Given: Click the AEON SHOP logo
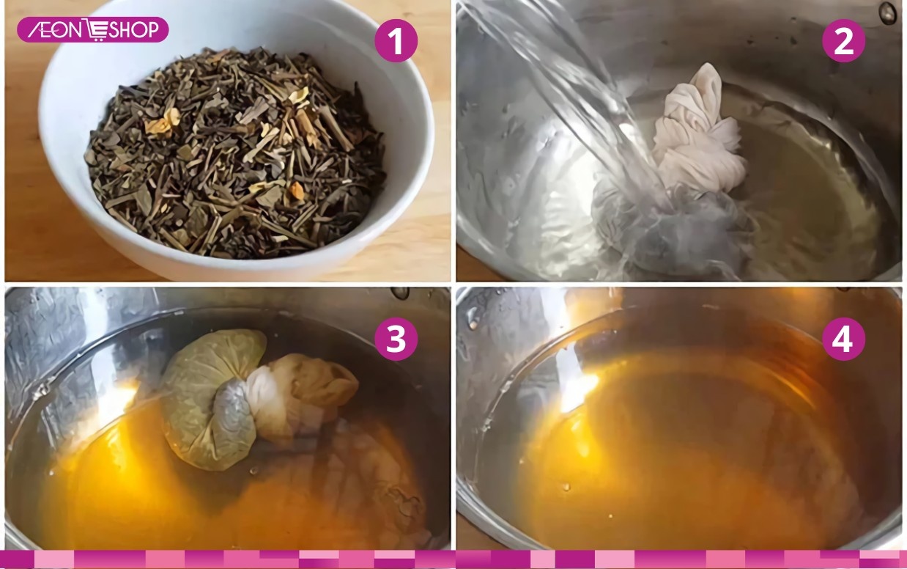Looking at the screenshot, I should [93, 29].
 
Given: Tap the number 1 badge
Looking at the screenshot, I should [396, 41].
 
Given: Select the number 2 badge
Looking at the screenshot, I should [843, 41].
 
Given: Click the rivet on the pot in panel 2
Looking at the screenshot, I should [889, 11].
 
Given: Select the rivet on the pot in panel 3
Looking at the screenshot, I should [401, 293].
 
